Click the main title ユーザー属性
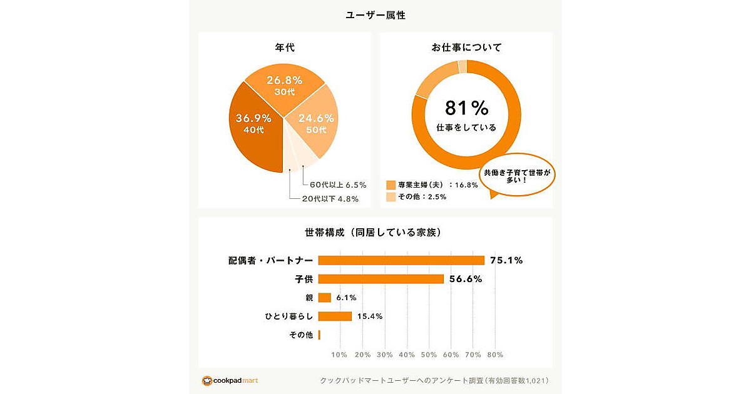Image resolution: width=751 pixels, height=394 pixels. tap(375, 15)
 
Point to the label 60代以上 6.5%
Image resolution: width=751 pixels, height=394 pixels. tap(338, 185)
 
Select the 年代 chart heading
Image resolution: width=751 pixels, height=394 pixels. tap(285, 47)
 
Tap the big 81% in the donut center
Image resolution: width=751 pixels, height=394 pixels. tap(466, 109)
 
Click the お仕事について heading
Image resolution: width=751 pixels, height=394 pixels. tap(466, 47)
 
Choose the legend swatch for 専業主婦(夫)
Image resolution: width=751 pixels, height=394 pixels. tap(391, 184)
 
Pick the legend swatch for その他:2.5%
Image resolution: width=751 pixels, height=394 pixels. tap(391, 197)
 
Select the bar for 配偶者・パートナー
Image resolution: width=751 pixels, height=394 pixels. tap(401, 260)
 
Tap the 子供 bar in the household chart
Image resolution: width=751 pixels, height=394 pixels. tap(381, 279)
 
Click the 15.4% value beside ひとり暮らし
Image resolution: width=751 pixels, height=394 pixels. tap(369, 316)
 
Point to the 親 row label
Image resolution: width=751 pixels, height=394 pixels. tap(309, 298)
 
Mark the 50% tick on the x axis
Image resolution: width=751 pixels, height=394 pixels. tap(429, 355)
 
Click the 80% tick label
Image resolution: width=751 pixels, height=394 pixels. tap(494, 355)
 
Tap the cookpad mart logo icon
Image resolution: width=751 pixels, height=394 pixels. tap(207, 380)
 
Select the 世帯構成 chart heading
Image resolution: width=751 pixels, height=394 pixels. tap(375, 233)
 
